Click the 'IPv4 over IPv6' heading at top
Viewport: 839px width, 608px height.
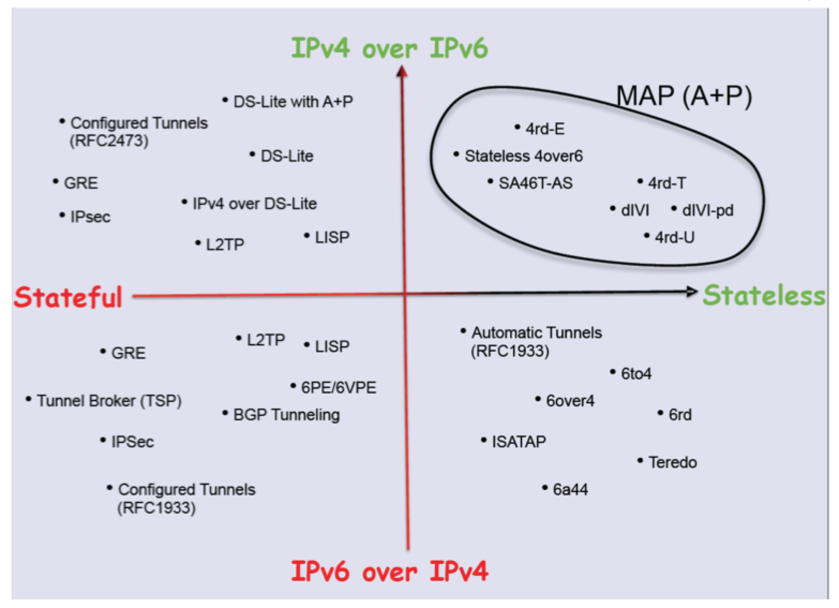pos(389,49)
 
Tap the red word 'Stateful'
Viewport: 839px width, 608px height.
pos(68,296)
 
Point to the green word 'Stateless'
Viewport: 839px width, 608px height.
pos(764,295)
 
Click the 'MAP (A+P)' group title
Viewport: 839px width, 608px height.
pos(684,97)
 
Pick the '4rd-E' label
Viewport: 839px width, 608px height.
pos(545,129)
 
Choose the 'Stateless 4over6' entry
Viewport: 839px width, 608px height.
pos(523,156)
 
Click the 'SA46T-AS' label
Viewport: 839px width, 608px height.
pos(535,183)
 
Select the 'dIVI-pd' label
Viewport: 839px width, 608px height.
pos(707,210)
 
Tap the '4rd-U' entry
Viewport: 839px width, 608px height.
pos(674,237)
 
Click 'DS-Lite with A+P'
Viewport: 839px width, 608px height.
pos(293,102)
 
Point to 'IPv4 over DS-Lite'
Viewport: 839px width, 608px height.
pos(254,204)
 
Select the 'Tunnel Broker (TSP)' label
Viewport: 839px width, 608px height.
pos(109,401)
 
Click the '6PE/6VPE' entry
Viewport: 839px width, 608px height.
pos(339,388)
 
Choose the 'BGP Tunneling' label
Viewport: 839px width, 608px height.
pos(286,414)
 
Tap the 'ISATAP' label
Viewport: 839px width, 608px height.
pos(519,442)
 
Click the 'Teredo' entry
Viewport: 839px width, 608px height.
pos(672,462)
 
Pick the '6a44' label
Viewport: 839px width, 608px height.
pos(570,490)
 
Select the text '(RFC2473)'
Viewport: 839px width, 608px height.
pos(109,141)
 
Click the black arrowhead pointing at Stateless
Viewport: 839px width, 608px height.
pos(692,292)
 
